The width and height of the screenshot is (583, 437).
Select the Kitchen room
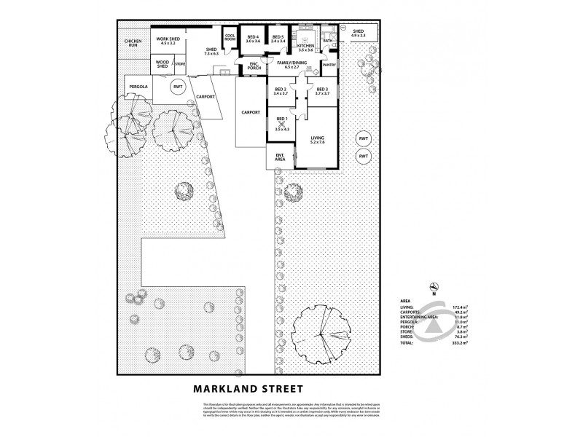click(305, 44)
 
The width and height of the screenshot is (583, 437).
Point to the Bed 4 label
click(253, 39)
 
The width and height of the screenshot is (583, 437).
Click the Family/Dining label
click(292, 66)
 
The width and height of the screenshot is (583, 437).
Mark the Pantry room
click(329, 65)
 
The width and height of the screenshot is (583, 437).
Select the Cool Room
click(230, 39)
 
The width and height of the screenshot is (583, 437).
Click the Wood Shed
click(163, 65)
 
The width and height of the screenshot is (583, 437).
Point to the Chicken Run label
click(133, 42)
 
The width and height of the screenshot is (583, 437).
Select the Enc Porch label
click(254, 67)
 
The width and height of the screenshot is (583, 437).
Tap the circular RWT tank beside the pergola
click(176, 86)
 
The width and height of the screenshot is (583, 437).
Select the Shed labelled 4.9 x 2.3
click(358, 34)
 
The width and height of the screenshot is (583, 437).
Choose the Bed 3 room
click(322, 91)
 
